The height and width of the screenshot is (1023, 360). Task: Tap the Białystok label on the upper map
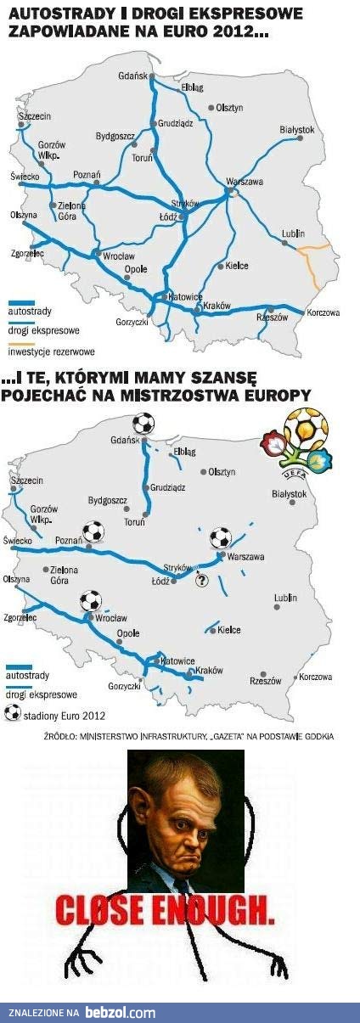pos(296,130)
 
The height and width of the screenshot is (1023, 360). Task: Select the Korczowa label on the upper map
pos(323,312)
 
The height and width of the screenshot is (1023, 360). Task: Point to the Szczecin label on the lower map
pos(27,481)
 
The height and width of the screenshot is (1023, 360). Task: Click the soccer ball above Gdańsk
pos(143,422)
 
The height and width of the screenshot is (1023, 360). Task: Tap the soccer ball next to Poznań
pos(93,532)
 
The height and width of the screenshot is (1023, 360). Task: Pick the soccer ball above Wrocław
pos(91,601)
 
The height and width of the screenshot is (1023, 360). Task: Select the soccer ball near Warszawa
pos(220,537)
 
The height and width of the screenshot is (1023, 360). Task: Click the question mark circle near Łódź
pos(201,582)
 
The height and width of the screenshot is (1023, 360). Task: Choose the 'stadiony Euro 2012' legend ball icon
pos(12,713)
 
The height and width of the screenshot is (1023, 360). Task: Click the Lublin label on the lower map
pos(285,598)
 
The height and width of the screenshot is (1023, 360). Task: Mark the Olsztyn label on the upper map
pos(229,108)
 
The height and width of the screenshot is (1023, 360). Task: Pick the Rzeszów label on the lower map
pos(265,680)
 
